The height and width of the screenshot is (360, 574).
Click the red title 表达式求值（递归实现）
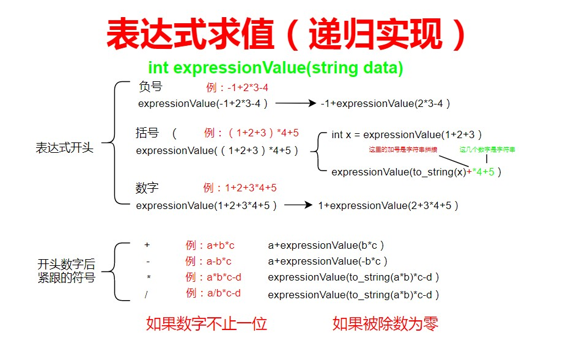click(287, 34)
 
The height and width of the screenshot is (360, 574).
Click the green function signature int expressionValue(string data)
click(275, 68)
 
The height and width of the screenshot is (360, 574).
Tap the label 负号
click(151, 87)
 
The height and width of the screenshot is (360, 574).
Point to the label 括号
click(147, 133)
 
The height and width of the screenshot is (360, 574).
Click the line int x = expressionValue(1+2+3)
click(407, 134)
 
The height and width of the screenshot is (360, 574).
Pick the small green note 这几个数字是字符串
click(487, 150)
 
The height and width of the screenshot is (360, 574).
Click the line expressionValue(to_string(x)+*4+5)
click(416, 172)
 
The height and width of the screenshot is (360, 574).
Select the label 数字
click(147, 187)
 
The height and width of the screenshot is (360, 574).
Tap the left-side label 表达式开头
click(65, 148)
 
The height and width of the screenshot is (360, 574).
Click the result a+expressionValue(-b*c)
click(328, 262)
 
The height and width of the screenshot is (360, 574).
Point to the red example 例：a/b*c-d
click(213, 293)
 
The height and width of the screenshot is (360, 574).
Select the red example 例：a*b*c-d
click(213, 277)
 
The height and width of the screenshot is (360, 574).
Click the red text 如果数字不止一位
click(207, 323)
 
